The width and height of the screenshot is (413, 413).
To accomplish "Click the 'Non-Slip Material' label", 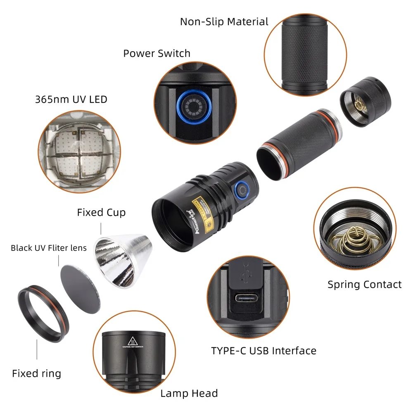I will click(x=224, y=22).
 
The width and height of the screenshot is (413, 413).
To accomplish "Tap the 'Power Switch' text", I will click(x=157, y=53).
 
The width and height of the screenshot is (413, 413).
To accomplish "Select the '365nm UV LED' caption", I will click(x=71, y=99).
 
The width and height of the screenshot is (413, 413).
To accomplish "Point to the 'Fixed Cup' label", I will click(x=101, y=213).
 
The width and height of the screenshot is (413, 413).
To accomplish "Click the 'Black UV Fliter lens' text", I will click(x=49, y=248).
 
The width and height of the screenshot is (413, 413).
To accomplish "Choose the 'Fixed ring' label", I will click(x=36, y=374).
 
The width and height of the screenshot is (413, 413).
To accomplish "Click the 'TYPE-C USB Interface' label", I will click(x=263, y=351).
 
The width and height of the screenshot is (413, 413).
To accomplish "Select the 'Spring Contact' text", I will click(x=364, y=285).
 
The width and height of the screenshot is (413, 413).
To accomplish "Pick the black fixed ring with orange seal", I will click(x=41, y=314).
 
